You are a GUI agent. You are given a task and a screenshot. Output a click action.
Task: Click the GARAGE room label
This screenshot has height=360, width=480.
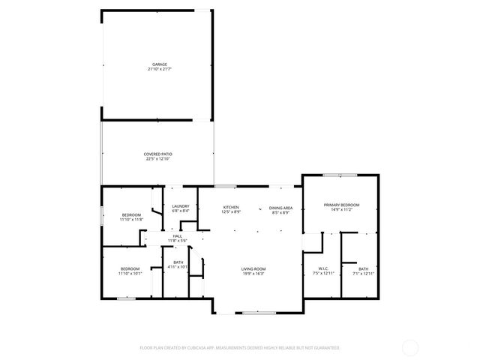(160, 64)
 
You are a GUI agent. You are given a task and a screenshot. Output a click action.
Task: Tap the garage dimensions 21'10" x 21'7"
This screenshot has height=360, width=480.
(160, 69)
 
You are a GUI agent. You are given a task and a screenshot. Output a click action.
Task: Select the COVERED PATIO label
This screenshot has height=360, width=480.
(158, 154)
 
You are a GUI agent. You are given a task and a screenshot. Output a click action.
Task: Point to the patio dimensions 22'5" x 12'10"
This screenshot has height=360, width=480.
(158, 159)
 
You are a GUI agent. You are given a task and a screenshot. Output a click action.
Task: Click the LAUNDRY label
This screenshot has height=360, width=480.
(180, 206)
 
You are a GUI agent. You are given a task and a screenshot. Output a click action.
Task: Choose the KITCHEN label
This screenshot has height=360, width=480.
(231, 206)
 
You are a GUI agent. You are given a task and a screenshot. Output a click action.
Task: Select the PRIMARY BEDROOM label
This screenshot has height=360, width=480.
(341, 205)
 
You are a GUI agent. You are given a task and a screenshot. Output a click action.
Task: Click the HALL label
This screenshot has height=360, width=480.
(178, 235)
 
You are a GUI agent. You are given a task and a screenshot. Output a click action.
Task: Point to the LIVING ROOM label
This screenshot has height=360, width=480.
(253, 268)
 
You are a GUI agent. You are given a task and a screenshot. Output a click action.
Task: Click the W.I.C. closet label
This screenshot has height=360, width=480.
(323, 268)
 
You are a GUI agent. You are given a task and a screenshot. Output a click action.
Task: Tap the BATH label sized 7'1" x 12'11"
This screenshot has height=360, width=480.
(363, 268)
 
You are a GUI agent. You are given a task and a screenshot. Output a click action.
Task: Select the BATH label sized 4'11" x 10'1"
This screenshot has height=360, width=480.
(178, 262)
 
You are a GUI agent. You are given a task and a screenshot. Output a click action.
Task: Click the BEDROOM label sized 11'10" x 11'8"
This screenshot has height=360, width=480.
(131, 215)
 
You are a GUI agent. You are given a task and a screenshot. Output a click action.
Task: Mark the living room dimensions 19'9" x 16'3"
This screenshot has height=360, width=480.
(253, 274)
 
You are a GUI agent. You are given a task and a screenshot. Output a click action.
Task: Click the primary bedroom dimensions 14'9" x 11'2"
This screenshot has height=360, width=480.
(341, 210)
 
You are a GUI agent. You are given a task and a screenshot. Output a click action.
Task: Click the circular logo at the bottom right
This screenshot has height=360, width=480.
(410, 347)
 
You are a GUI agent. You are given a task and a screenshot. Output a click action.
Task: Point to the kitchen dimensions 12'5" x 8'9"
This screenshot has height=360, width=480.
(231, 211)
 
